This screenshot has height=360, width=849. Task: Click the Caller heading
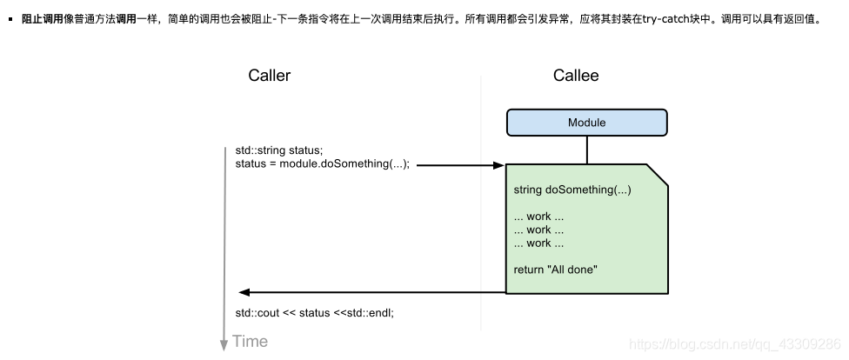coord(269,76)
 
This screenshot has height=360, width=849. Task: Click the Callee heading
coord(576,76)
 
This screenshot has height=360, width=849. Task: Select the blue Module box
coord(586,123)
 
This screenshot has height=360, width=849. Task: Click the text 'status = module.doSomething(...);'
coord(322,164)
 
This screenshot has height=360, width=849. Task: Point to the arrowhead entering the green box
coord(499,164)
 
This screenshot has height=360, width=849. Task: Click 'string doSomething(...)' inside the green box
coord(572,190)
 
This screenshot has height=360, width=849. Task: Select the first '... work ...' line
coord(538,217)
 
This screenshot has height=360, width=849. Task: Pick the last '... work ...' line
coord(538,243)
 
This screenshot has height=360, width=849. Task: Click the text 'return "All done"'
coord(555,270)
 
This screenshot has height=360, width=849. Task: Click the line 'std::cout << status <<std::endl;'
coord(314,312)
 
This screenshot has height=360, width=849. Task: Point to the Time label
coord(251,342)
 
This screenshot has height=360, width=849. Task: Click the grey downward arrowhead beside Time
coord(224,343)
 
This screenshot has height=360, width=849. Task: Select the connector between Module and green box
coord(586,150)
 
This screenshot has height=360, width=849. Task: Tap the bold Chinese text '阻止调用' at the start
coord(42,18)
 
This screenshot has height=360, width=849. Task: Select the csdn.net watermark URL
coord(733,344)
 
